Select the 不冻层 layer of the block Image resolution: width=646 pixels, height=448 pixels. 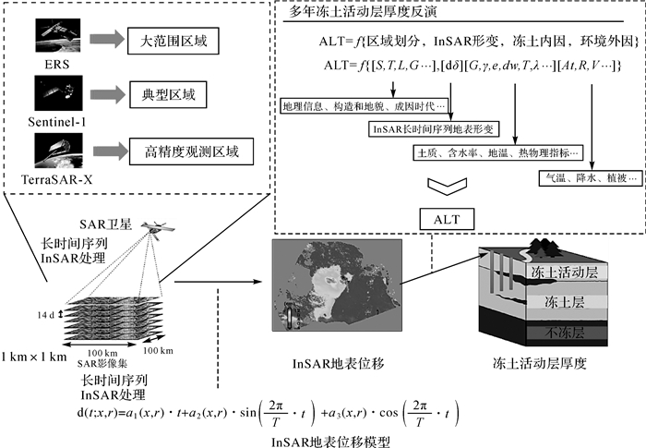click(x=563, y=331)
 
